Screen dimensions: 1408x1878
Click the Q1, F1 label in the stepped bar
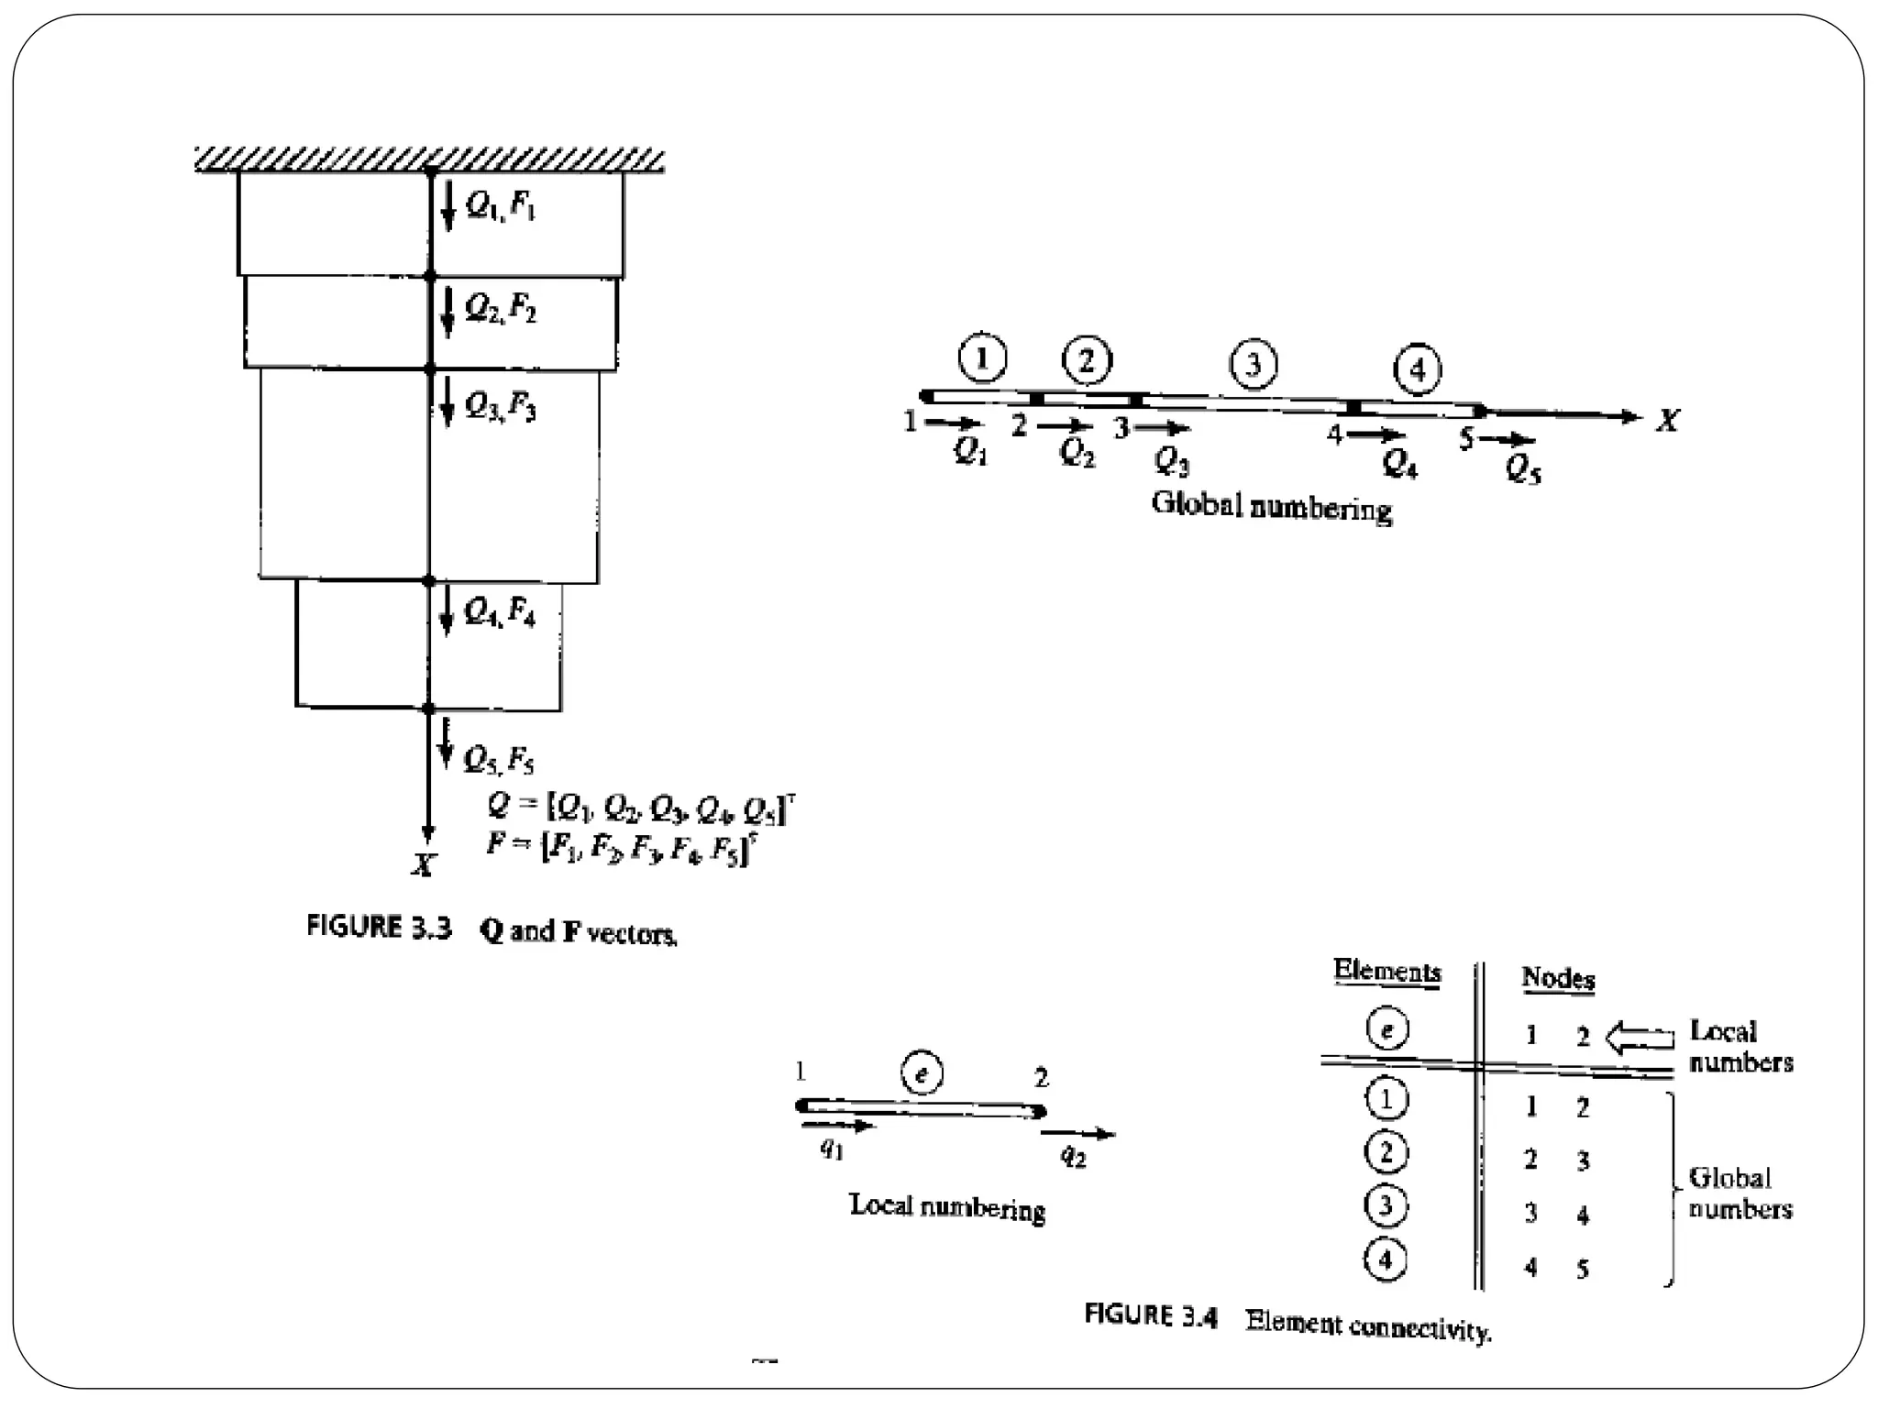pyautogui.click(x=501, y=205)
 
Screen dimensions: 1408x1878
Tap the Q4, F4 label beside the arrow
pyautogui.click(x=500, y=611)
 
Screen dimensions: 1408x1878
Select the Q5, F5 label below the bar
pyautogui.click(x=498, y=759)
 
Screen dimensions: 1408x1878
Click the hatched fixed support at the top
pyautogui.click(x=429, y=159)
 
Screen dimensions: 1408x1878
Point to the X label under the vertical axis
pyautogui.click(x=423, y=864)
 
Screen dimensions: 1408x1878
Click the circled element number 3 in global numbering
pyautogui.click(x=1253, y=365)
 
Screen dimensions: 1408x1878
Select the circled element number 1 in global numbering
pyautogui.click(x=982, y=357)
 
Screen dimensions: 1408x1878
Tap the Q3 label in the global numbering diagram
pyautogui.click(x=1172, y=460)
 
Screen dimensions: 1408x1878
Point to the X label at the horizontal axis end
pyautogui.click(x=1668, y=421)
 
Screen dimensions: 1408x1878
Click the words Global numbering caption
pyautogui.click(x=1271, y=506)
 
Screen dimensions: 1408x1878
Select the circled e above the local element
pyautogui.click(x=922, y=1072)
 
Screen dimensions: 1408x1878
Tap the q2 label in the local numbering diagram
pyautogui.click(x=1073, y=1157)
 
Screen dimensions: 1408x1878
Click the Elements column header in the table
pyautogui.click(x=1386, y=971)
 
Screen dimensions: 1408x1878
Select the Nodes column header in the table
pyautogui.click(x=1558, y=978)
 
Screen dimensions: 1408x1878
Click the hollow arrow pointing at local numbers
pyautogui.click(x=1640, y=1038)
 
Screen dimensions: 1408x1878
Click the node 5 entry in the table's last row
pyautogui.click(x=1583, y=1270)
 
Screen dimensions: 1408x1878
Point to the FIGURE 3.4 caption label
pyautogui.click(x=1151, y=1316)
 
